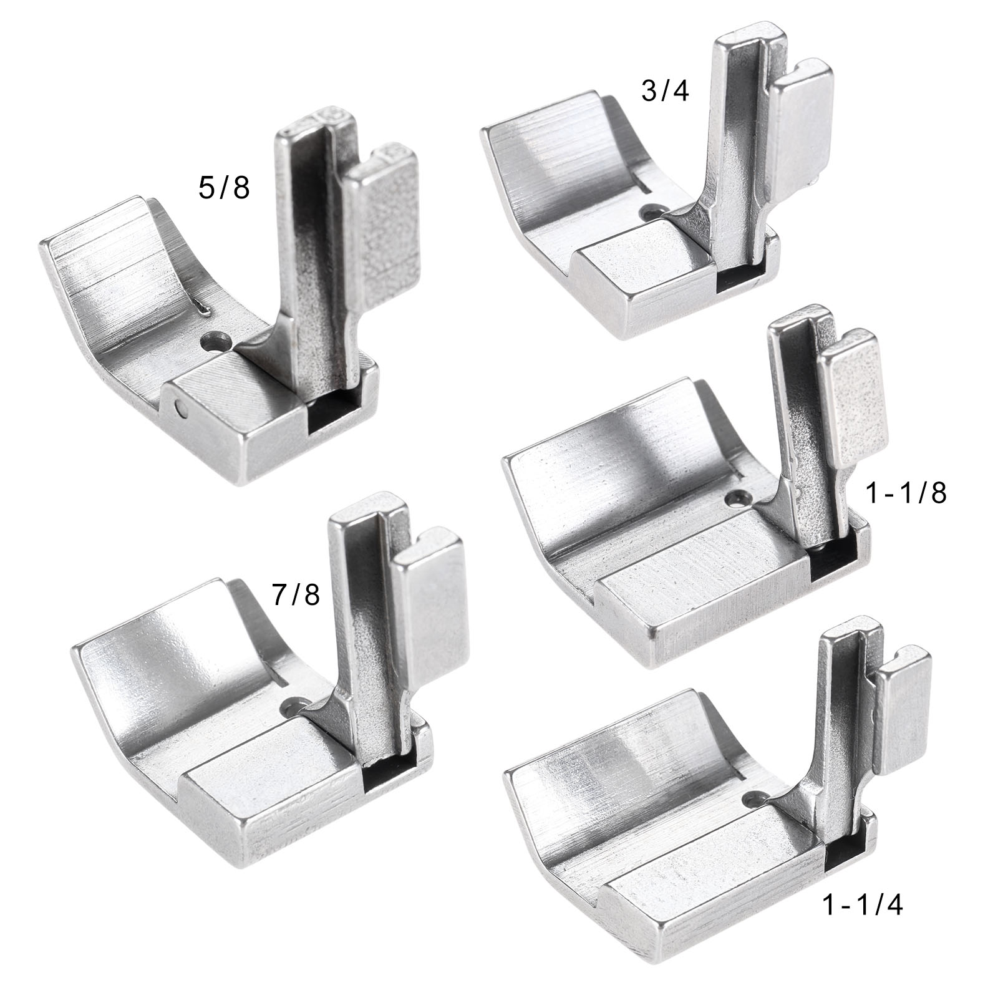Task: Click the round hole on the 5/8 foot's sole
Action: click(x=216, y=341)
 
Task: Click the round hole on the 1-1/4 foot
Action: click(x=755, y=797)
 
